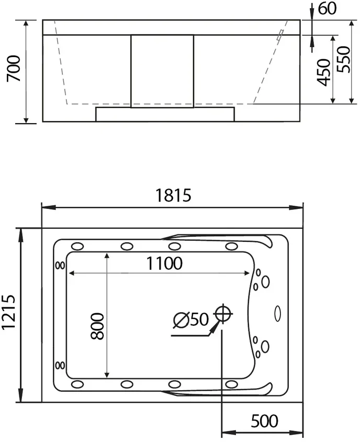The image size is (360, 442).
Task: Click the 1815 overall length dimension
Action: tap(173, 195)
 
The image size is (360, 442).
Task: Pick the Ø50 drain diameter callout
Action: tap(190, 319)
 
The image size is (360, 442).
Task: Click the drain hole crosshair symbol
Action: tap(223, 314)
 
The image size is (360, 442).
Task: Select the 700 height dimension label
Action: tap(15, 68)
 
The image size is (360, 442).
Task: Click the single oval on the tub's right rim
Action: tap(277, 314)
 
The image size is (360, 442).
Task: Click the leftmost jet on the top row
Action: tap(78, 246)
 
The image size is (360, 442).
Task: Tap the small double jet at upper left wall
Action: tap(60, 265)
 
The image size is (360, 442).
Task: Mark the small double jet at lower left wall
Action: tap(60, 364)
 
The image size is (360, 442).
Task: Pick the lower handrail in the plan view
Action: tap(225, 390)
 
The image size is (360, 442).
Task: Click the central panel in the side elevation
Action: tap(162, 70)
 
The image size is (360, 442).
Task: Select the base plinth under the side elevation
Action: tap(164, 115)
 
